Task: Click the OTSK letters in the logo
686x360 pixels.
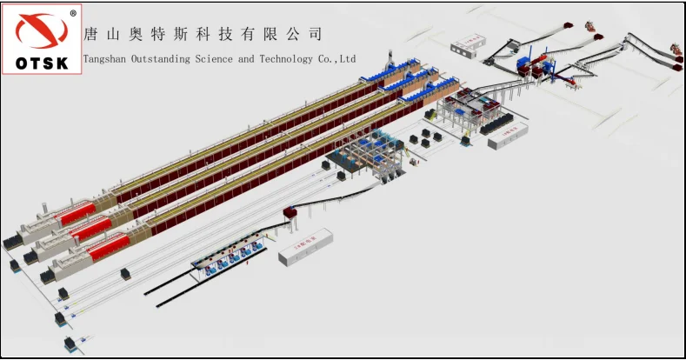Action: click(x=43, y=62)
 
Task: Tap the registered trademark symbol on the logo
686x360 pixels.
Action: click(x=73, y=13)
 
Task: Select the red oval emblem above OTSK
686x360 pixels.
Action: click(x=42, y=32)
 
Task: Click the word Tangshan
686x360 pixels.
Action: click(x=105, y=59)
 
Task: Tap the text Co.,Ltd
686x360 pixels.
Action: click(x=340, y=59)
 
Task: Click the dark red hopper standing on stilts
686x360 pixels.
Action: click(x=291, y=212)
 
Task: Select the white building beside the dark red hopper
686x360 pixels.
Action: click(x=307, y=245)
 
